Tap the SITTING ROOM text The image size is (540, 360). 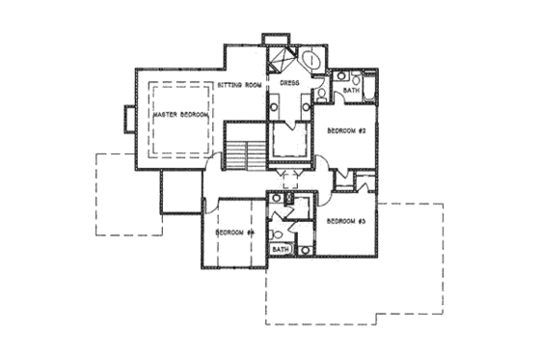coord(239,85)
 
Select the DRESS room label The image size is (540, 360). coord(290,85)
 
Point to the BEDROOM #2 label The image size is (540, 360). coord(345,130)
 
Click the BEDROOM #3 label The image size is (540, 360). coord(345,222)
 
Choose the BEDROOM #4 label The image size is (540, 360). coord(233,233)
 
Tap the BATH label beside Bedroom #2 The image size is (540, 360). coord(351,92)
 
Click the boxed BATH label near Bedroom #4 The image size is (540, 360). coord(281,249)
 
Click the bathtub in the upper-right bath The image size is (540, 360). coord(370,81)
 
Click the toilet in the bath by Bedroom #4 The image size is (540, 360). coord(276,232)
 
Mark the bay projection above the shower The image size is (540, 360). coord(275,40)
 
